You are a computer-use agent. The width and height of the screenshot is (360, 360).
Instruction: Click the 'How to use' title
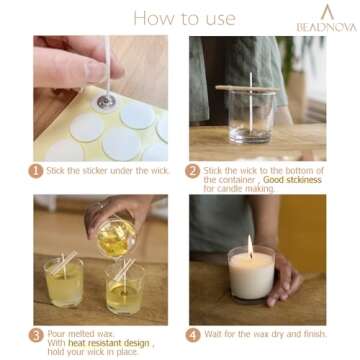tap(170, 17)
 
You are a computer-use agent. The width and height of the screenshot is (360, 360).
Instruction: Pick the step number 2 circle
tap(193, 171)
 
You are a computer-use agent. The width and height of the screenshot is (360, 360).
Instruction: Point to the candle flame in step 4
tap(249, 244)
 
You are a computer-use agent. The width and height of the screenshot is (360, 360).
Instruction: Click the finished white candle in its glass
tap(250, 275)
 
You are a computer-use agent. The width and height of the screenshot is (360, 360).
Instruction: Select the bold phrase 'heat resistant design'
tap(104, 343)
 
